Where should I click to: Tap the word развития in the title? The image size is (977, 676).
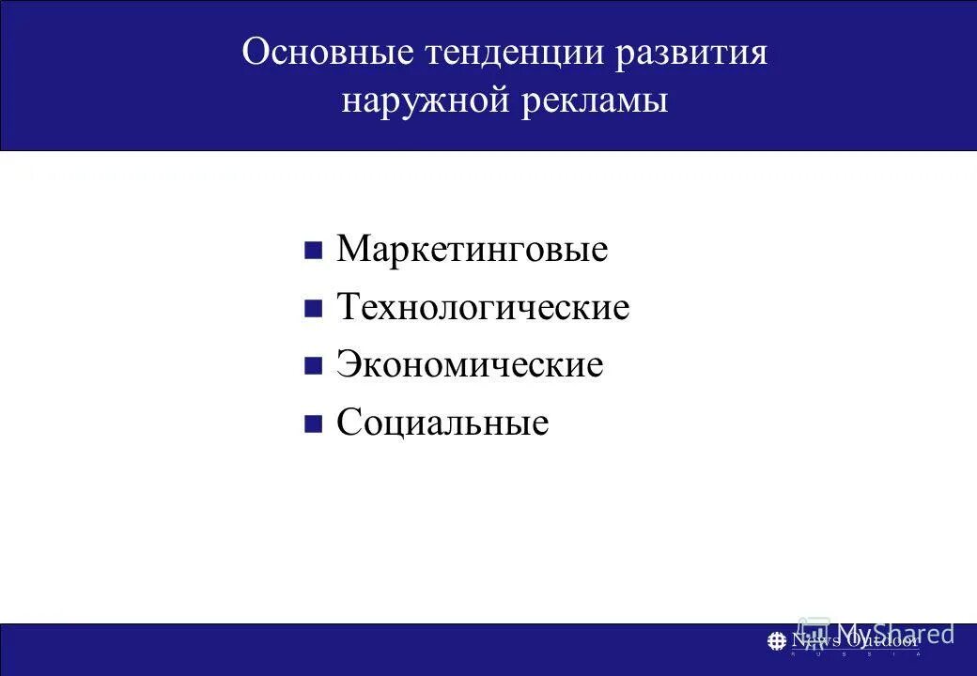click(x=692, y=53)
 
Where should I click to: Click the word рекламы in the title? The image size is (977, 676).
click(x=597, y=100)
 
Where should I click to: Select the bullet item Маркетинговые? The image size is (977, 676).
click(x=472, y=250)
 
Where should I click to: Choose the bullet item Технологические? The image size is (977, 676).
click(x=483, y=307)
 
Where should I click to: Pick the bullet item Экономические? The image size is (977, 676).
click(x=470, y=364)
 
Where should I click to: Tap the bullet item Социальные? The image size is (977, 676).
click(x=442, y=422)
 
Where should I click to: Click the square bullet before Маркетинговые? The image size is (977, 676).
click(x=314, y=251)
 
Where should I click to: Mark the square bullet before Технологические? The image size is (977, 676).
click(x=314, y=308)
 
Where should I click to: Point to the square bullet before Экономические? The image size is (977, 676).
click(x=314, y=365)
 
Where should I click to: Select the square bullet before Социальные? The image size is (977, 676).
click(x=314, y=423)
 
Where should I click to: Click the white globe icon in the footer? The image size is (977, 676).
click(x=777, y=641)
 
